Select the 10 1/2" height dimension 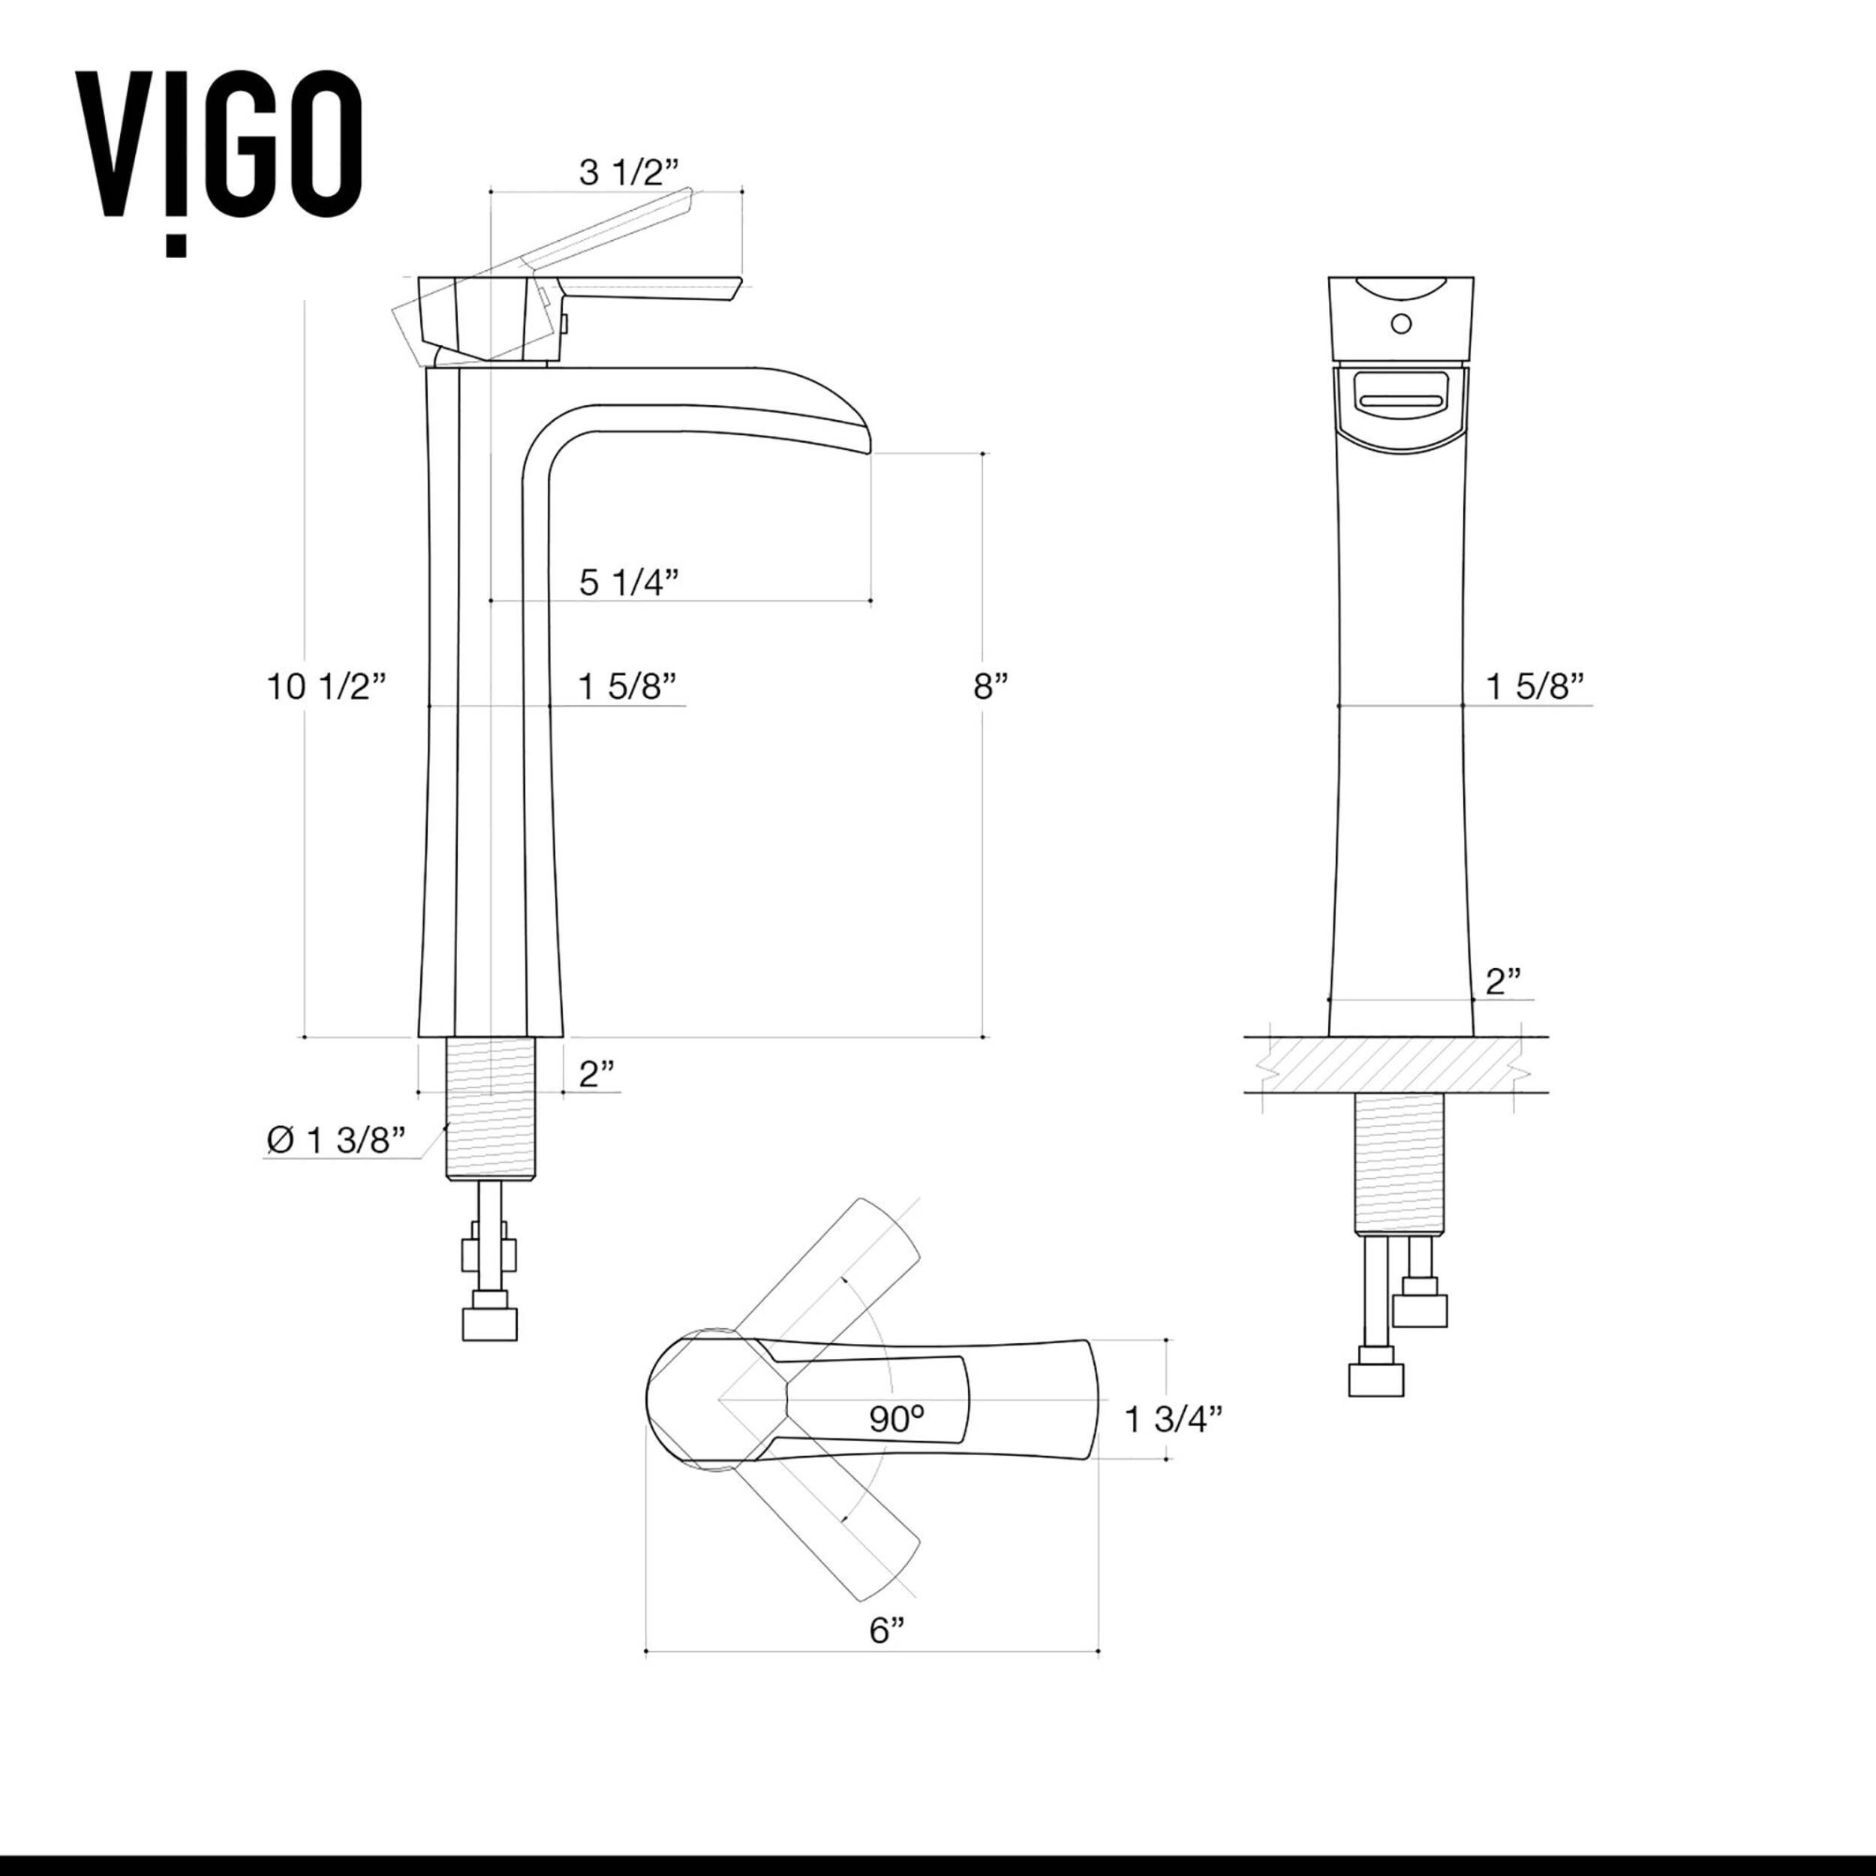327,687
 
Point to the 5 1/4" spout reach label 628,582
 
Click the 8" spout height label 991,687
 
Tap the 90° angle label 895,1419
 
